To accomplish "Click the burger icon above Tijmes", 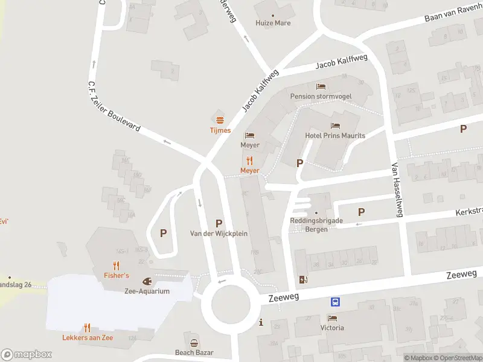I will coord(220,119).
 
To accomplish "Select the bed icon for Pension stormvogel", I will coord(320,86).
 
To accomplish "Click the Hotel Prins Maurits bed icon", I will coord(335,125).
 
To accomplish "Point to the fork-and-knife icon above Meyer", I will coord(249,160).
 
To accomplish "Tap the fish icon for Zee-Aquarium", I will coord(147,281).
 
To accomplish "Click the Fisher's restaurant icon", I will coord(116,265).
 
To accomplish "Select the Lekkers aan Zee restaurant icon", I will coord(88,328).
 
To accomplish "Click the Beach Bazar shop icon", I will coord(194,343).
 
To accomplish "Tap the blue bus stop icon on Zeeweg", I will coord(334,302).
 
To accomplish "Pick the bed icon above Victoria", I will coord(331,318).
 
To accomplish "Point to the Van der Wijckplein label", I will coord(219,233).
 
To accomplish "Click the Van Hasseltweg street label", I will coord(397,191).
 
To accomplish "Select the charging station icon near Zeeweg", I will coord(303,279).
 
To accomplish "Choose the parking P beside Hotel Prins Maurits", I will coord(299,163).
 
